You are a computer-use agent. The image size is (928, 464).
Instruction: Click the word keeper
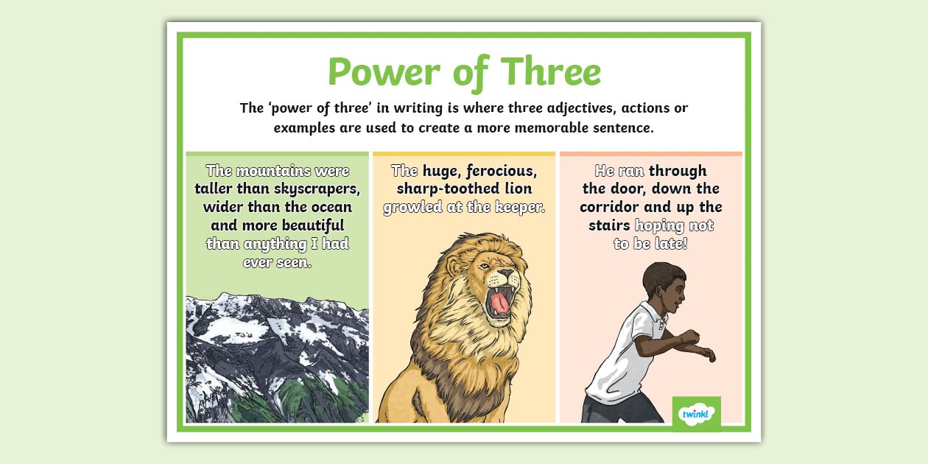[x=519, y=207]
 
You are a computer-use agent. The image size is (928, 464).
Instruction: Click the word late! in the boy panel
[x=669, y=243]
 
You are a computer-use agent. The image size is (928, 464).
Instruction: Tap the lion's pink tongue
[x=499, y=302]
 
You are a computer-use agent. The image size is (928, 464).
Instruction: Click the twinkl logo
[x=696, y=412]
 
